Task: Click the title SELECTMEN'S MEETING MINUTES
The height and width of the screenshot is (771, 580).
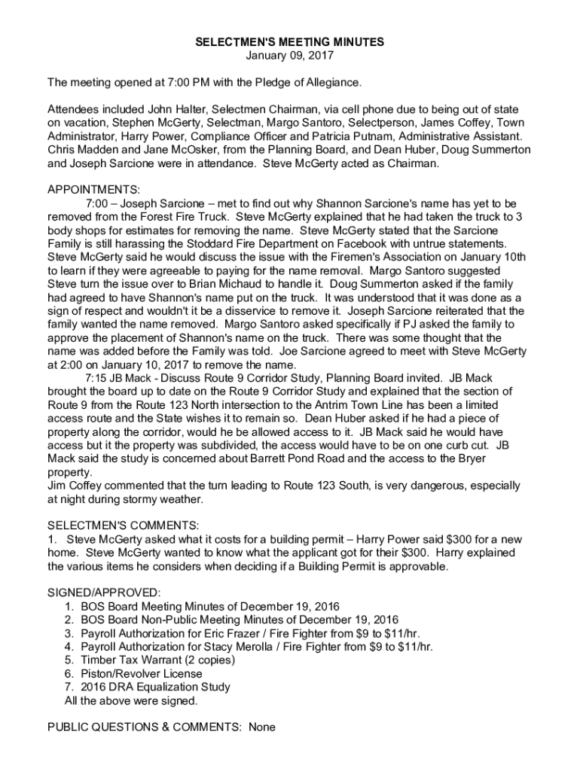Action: [290, 42]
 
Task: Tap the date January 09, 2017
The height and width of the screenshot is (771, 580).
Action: [290, 55]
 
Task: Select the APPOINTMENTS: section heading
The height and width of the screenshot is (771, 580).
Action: [93, 190]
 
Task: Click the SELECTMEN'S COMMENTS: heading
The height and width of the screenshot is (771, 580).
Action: [123, 525]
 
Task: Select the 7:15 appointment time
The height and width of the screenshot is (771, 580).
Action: [97, 378]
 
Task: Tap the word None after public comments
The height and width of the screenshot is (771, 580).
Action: [261, 727]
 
